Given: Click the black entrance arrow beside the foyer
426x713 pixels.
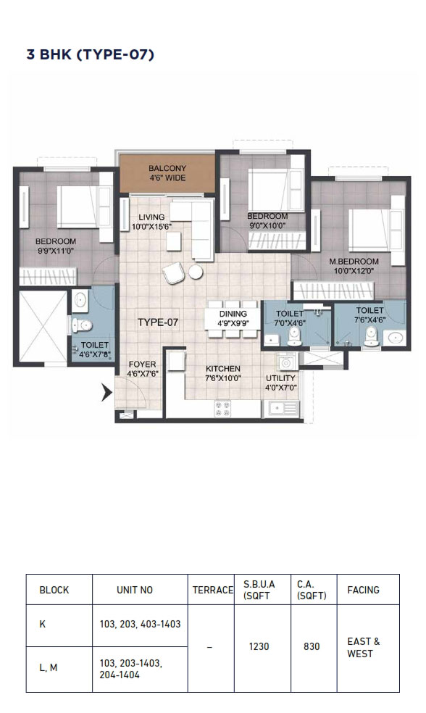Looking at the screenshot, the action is pyautogui.click(x=106, y=392).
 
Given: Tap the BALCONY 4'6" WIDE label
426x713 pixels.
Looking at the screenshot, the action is pyautogui.click(x=167, y=173).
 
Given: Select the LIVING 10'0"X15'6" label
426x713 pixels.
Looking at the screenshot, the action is pyautogui.click(x=151, y=222).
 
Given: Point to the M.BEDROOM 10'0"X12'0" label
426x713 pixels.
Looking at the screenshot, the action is pyautogui.click(x=354, y=266).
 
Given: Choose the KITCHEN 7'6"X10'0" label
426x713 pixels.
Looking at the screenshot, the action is pyautogui.click(x=222, y=373).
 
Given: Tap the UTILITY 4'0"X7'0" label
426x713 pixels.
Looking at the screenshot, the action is pyautogui.click(x=280, y=383).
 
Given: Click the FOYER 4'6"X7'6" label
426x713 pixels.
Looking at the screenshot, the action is pyautogui.click(x=142, y=369).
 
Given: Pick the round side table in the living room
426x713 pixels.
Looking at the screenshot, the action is pyautogui.click(x=196, y=272).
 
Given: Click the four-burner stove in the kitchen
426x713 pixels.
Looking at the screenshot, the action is pyautogui.click(x=223, y=409).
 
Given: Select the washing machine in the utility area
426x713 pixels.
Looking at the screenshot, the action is pyautogui.click(x=286, y=363).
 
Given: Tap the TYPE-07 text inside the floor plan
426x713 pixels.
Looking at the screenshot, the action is pyautogui.click(x=158, y=322).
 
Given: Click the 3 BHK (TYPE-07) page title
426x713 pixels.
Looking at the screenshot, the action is pyautogui.click(x=91, y=54).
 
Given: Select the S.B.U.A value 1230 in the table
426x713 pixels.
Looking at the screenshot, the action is pyautogui.click(x=259, y=646).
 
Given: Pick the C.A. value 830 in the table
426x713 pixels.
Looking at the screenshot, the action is pyautogui.click(x=312, y=646).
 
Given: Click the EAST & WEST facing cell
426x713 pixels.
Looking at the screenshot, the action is pyautogui.click(x=364, y=648).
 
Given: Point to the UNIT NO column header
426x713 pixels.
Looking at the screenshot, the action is pyautogui.click(x=135, y=590).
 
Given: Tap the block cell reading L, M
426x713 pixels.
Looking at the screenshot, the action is pyautogui.click(x=49, y=667).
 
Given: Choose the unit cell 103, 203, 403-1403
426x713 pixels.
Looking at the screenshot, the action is pyautogui.click(x=140, y=625).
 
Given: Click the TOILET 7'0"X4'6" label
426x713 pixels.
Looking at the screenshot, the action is pyautogui.click(x=291, y=318).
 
